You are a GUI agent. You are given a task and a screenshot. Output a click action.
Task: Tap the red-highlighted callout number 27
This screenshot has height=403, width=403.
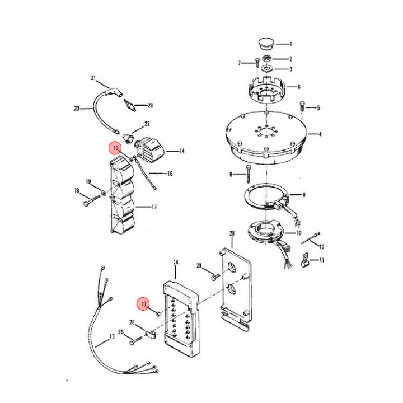coord(144,304)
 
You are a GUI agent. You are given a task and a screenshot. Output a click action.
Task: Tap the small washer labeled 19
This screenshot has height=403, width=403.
coord(104,192)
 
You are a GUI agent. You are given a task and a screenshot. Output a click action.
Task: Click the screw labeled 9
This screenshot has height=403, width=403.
coord(249,174)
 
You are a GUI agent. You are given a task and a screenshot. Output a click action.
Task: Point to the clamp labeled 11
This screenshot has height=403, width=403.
coord(305,261)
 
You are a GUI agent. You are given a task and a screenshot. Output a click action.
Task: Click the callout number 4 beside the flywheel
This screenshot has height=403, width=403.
coord(320,134)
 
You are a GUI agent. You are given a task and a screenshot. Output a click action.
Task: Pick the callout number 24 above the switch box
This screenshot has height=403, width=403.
coord(176,263)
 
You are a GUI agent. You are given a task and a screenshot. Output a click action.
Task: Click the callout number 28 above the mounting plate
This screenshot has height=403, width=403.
coord(232,233)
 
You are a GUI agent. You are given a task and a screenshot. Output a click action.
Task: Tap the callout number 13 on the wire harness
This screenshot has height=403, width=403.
coord(112,336)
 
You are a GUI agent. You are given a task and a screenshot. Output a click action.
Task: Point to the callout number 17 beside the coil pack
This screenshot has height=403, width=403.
coord(154,207)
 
